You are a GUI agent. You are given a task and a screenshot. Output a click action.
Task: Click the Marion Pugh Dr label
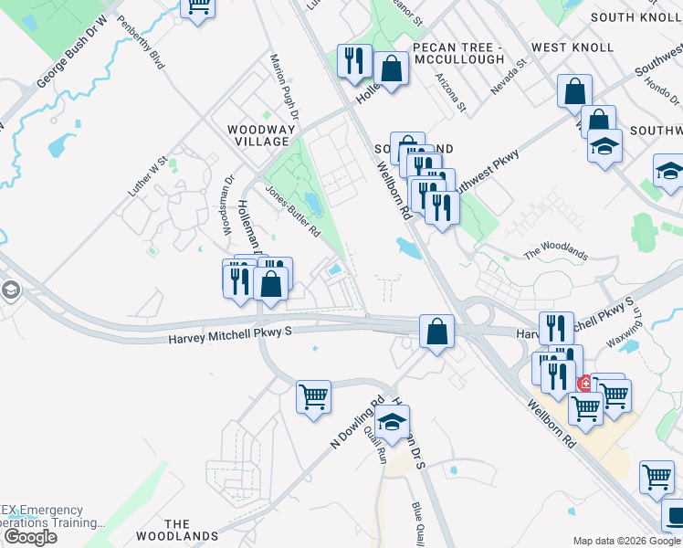(284, 87)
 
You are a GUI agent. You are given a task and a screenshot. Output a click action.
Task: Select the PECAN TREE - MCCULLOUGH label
(457, 53)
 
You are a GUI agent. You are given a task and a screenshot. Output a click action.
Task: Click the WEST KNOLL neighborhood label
(573, 47)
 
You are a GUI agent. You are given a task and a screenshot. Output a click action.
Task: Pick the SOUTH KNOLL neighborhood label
(636, 17)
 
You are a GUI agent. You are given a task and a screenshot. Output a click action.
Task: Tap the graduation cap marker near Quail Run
(392, 421)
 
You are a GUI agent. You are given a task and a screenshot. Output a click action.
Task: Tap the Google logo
(29, 537)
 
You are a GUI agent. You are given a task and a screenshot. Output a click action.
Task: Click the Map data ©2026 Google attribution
(626, 541)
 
